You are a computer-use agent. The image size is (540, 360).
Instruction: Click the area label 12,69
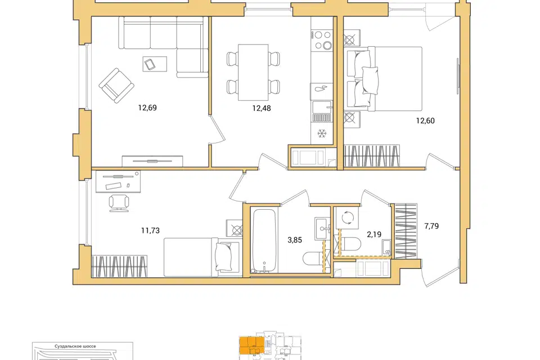click(x=147, y=108)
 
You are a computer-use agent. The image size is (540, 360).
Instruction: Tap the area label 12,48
click(x=262, y=109)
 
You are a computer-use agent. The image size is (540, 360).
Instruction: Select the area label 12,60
click(x=425, y=121)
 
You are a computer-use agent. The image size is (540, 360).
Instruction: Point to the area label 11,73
click(x=151, y=231)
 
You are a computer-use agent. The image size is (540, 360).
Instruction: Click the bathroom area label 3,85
click(x=295, y=240)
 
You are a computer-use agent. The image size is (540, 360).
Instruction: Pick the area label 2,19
click(x=374, y=235)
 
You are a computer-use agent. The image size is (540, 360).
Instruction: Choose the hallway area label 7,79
click(x=431, y=226)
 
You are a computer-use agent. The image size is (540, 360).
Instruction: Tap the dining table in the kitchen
click(x=253, y=73)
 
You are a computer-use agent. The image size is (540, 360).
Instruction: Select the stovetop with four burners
click(x=322, y=40)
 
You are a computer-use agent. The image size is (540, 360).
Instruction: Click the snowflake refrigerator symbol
click(x=322, y=133)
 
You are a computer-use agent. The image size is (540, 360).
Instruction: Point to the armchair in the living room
click(x=116, y=85)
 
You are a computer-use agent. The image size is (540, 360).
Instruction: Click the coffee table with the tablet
click(x=155, y=64)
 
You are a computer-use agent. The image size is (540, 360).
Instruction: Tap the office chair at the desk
click(x=119, y=203)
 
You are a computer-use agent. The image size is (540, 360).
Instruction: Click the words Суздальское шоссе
click(x=75, y=346)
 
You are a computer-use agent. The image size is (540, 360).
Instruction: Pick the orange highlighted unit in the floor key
click(x=252, y=345)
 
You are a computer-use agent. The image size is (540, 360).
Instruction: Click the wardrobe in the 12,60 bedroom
click(x=372, y=156)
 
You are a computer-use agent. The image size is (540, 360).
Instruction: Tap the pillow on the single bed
click(x=223, y=256)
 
